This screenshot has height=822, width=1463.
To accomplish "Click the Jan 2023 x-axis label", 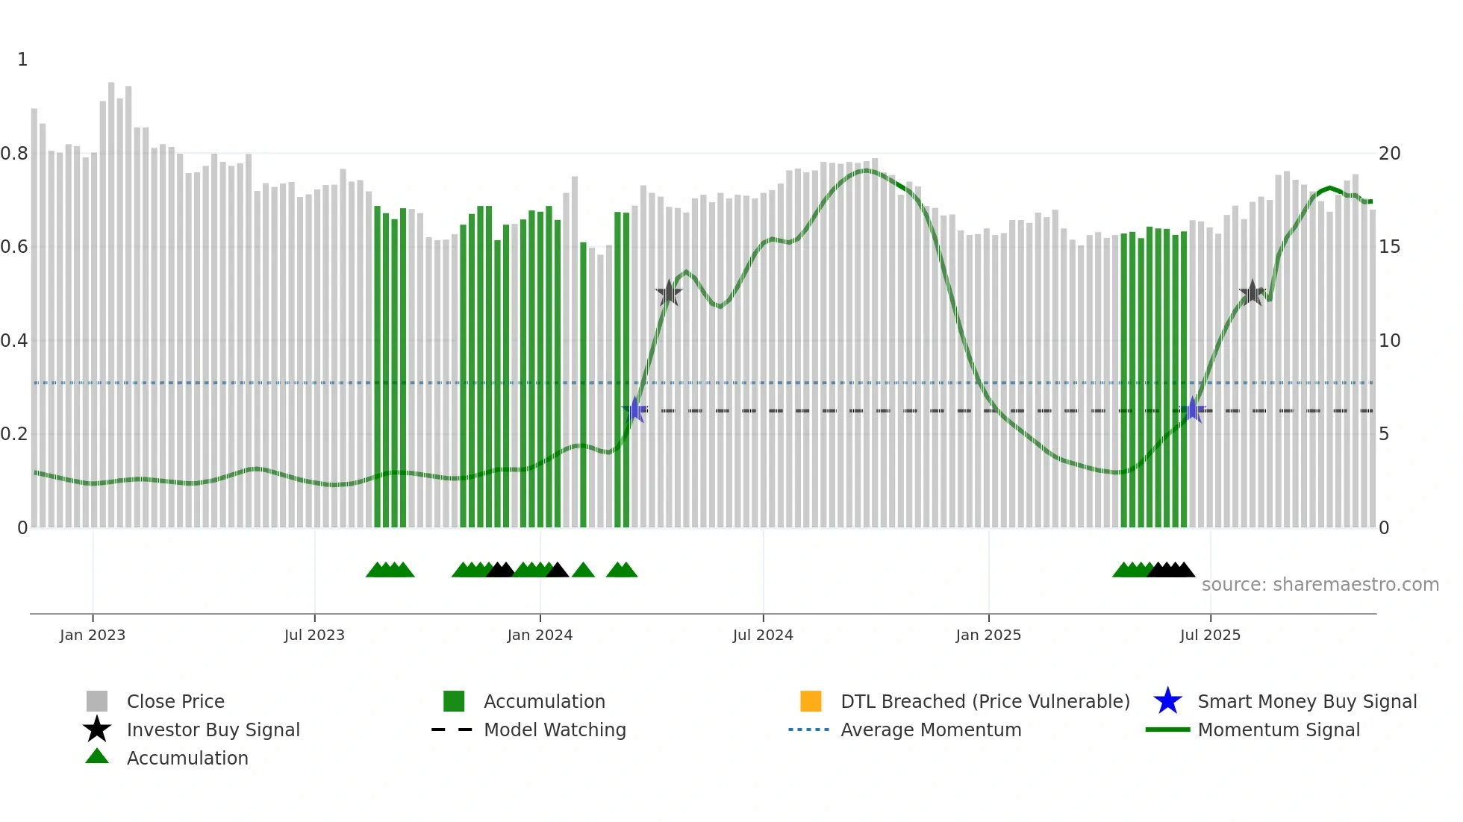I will [x=93, y=635].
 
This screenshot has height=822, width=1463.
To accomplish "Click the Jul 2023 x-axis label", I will [x=314, y=635].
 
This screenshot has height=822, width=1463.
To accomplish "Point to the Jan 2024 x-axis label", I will [x=540, y=635].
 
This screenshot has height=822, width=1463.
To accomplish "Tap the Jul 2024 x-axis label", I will [x=763, y=635].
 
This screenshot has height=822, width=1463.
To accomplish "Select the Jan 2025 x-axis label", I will [x=988, y=635].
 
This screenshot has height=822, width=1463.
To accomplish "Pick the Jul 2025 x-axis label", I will [x=1210, y=635].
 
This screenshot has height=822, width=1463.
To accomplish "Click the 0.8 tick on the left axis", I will [x=14, y=154].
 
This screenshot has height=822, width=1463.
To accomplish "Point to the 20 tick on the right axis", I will [x=1390, y=154].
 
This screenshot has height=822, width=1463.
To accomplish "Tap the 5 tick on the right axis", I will [x=1385, y=434].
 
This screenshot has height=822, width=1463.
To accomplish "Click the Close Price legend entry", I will [x=175, y=701].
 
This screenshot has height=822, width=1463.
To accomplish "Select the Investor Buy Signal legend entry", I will [x=213, y=730].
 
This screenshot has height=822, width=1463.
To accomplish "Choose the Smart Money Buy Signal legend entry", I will [x=1306, y=701].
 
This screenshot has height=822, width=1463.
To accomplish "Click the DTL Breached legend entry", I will [x=985, y=701].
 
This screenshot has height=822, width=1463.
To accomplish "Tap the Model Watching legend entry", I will [x=555, y=730].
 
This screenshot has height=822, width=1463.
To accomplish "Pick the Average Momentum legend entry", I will [x=931, y=730].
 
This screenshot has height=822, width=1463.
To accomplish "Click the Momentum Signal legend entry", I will [x=1278, y=730].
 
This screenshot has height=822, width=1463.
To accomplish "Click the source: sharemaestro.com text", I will [x=1320, y=585].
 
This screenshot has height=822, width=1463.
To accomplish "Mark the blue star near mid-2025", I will [x=1192, y=410].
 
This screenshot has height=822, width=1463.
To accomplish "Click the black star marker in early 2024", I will [x=669, y=293].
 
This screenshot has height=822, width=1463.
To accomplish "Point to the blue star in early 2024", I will [x=635, y=410].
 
